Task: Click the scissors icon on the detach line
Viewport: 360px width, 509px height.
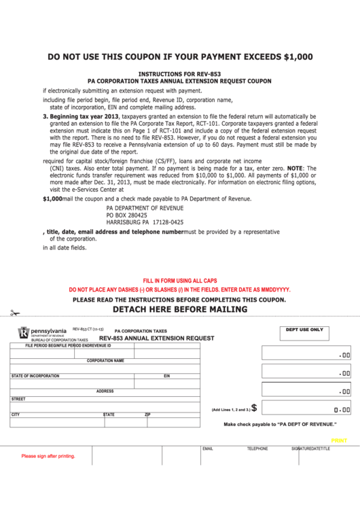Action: tap(15, 313)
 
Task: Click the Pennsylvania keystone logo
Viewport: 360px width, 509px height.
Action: tap(24, 332)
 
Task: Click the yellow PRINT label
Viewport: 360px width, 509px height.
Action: tap(339, 440)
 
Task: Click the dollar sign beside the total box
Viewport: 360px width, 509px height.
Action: tap(254, 408)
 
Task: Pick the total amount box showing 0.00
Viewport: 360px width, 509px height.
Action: tap(306, 409)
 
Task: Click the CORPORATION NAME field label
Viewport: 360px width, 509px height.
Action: tap(105, 361)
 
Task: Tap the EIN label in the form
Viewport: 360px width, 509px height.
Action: tap(166, 376)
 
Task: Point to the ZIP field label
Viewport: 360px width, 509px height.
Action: tap(147, 414)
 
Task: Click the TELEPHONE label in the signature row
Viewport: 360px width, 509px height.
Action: tap(257, 449)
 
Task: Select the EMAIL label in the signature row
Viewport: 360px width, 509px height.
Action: tap(208, 449)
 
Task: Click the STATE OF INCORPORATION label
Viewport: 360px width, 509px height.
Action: tap(35, 376)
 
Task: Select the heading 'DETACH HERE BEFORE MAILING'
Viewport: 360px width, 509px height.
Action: tap(179, 309)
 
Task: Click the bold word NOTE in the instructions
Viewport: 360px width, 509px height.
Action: tap(295, 168)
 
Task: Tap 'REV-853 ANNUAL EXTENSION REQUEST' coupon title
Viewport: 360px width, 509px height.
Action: tap(156, 338)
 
